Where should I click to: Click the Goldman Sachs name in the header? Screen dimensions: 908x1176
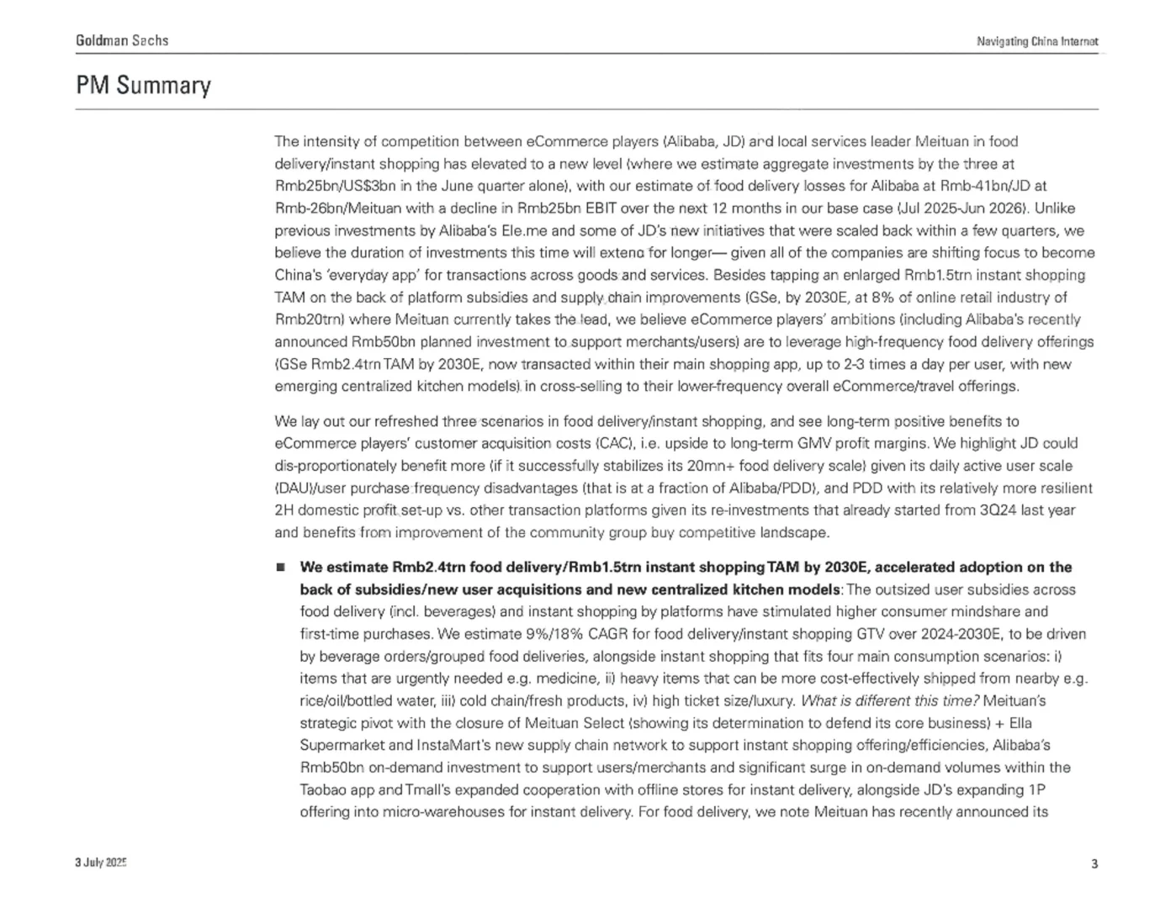click(122, 40)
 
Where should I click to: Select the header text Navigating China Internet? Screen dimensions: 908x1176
click(1036, 41)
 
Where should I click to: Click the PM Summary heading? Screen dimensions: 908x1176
click(143, 86)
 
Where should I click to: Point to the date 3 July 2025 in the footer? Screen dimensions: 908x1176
click(100, 863)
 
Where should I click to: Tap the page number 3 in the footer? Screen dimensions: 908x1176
click(1094, 863)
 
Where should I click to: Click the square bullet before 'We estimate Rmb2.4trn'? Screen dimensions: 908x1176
click(281, 567)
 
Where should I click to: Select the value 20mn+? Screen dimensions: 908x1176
click(707, 466)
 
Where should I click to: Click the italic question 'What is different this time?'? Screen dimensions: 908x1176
click(890, 701)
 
